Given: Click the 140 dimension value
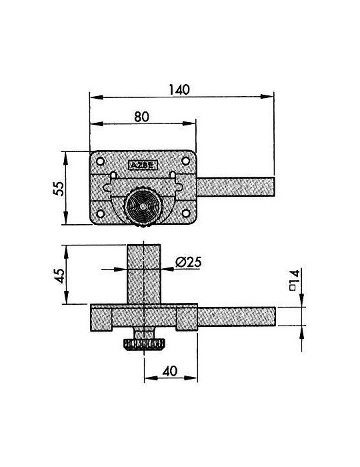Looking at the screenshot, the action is [x=179, y=89].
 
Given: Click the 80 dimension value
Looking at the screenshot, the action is [x=141, y=117].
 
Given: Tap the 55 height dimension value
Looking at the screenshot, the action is [x=59, y=188].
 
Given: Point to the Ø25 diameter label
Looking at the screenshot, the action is [x=188, y=262].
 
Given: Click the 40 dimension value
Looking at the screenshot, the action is [x=170, y=371].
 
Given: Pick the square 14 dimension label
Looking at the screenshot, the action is [x=294, y=280].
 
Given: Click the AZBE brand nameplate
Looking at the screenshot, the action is [x=143, y=165].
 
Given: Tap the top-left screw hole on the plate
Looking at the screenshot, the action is [x=100, y=161].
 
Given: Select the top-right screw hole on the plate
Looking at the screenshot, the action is [x=185, y=161].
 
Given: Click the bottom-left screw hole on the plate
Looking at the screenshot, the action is [x=101, y=213].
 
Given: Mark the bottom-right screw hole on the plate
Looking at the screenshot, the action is [x=185, y=213].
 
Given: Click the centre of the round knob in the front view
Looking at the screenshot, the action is [x=143, y=207].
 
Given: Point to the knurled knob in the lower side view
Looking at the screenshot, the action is [x=143, y=344].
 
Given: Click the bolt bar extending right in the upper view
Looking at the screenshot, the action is [x=235, y=187].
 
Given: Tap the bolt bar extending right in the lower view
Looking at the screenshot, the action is [x=236, y=317].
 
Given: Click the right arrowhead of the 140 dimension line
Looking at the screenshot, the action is [x=267, y=97].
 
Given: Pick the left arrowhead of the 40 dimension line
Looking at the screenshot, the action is [x=151, y=378].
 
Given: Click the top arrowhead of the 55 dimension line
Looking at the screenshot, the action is [x=66, y=159].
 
